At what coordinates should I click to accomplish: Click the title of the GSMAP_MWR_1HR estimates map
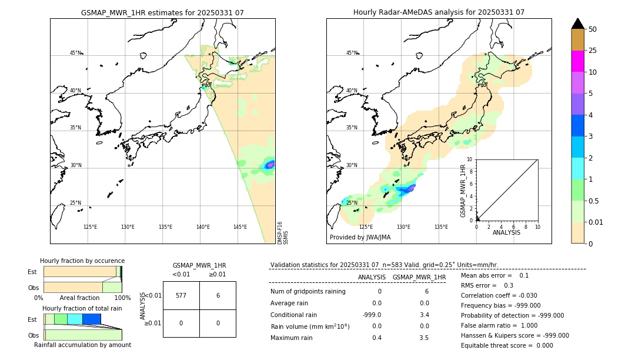coord(162,12)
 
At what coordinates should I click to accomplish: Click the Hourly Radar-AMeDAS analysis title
coord(439,12)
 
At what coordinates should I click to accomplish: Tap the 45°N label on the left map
coord(76,53)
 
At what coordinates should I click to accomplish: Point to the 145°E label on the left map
coord(240,227)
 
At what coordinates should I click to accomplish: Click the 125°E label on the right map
coord(366,227)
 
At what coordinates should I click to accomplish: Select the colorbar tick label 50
coord(593,29)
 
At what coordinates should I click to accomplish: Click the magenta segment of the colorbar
coord(577,61)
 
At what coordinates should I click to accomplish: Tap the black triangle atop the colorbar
coord(577,24)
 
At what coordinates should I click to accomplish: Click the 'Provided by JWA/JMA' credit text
coord(360,238)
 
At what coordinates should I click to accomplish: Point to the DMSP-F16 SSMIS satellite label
coord(282,233)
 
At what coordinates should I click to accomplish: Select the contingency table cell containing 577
coord(181,295)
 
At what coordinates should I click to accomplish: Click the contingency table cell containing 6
coord(218,295)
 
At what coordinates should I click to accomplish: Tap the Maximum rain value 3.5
coord(423,338)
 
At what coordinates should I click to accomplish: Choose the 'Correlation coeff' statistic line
coord(499,295)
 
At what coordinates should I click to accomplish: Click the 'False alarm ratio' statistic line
coord(499,325)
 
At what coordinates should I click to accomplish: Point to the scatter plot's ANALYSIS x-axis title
coord(506,232)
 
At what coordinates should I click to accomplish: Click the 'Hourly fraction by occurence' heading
coord(82,261)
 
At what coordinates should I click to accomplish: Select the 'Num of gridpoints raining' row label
coord(308,292)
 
